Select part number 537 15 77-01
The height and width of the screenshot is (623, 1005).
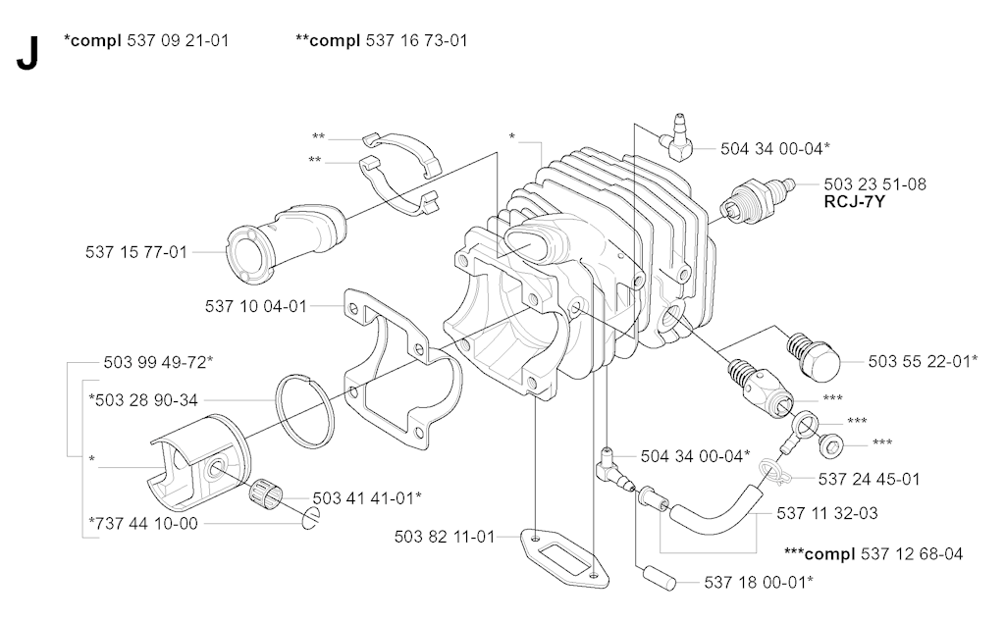point(136,252)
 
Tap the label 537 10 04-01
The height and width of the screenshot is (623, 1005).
point(256,306)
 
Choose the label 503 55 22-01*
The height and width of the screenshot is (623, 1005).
point(923,361)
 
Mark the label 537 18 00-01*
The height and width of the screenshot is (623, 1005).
point(758,582)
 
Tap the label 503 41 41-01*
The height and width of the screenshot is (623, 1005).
point(367,497)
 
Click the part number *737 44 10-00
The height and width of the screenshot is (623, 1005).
point(143,523)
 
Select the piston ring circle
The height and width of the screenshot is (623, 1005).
point(304,405)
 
